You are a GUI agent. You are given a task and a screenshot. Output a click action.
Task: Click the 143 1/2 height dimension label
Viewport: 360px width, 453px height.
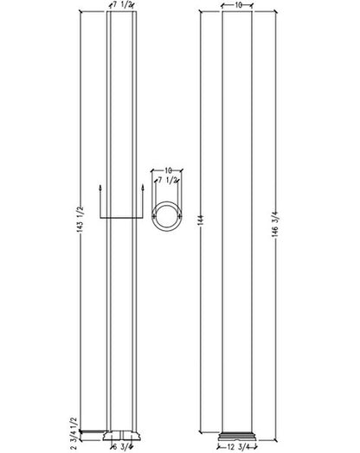(x=80, y=220)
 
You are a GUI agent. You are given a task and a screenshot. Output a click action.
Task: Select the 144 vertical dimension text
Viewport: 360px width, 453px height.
(x=202, y=220)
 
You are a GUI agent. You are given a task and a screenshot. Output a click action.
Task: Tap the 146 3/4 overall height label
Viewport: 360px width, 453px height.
(x=274, y=225)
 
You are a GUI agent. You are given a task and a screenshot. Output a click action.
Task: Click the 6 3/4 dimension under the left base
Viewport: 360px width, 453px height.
(x=121, y=447)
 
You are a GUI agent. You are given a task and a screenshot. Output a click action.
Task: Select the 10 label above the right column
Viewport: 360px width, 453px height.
(x=237, y=5)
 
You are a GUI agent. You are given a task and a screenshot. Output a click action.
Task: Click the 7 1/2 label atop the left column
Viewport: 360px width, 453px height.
(x=122, y=5)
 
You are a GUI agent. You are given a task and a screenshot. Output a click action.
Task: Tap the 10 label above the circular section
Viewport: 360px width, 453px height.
(x=168, y=170)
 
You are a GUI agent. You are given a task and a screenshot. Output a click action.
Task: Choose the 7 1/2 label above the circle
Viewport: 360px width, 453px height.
(x=167, y=181)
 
